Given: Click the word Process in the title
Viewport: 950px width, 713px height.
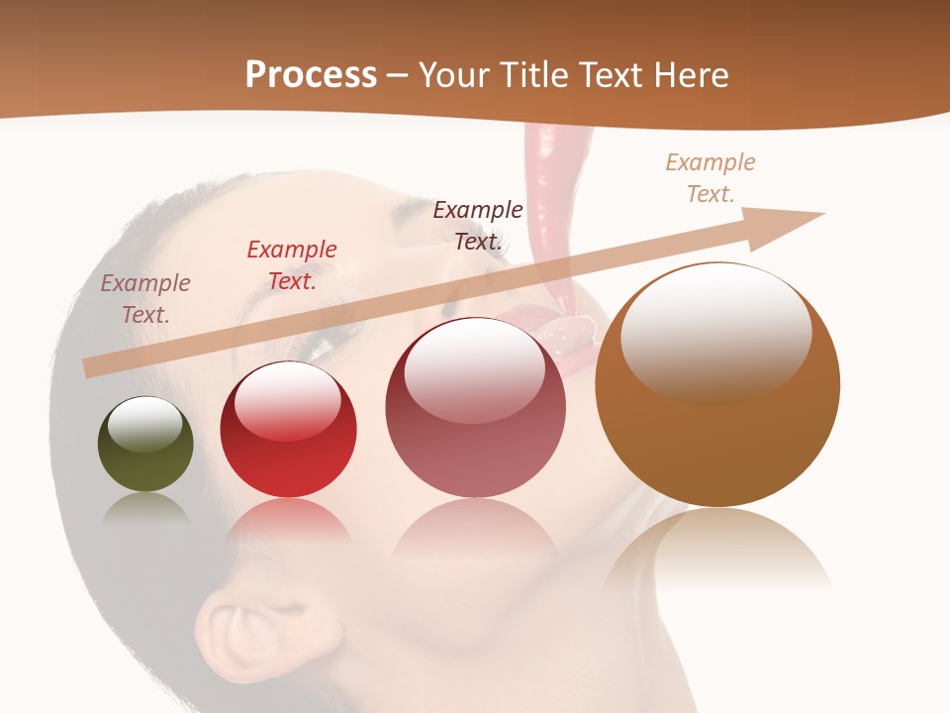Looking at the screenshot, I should pos(311,75).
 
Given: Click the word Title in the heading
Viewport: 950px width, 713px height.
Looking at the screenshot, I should pos(534,75).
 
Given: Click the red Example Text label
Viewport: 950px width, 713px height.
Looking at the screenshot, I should pos(292,265).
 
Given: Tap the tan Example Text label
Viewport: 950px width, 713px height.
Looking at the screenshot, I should pos(711,178).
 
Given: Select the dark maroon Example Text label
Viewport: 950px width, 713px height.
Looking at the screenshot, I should pos(478,225).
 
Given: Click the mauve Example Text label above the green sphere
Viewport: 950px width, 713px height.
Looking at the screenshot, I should pos(145,299).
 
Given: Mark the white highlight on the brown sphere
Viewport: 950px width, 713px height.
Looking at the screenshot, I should pos(716,332).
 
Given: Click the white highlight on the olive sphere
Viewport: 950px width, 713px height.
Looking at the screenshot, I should pos(145,424).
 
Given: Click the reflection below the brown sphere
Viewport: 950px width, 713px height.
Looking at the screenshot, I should pos(717,550).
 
